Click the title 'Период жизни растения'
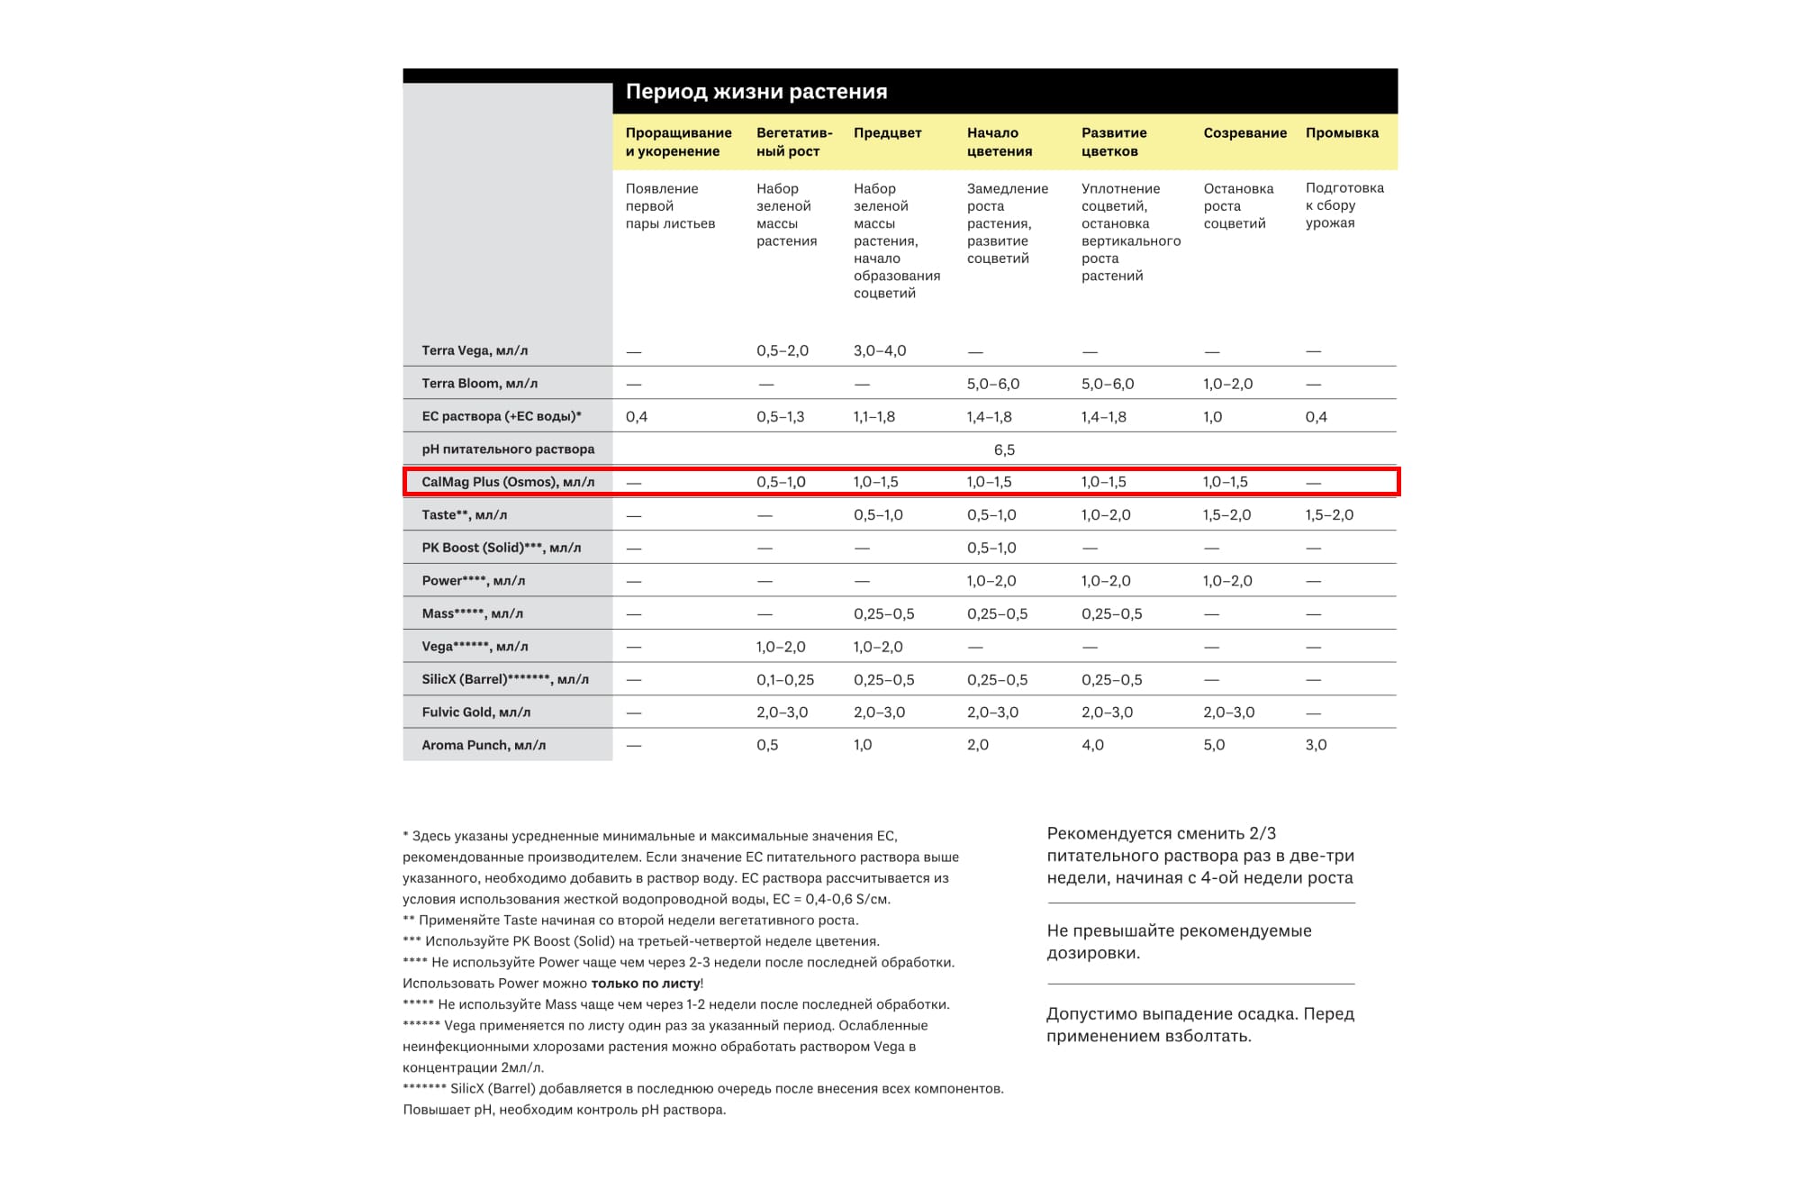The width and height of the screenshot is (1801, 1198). [x=756, y=92]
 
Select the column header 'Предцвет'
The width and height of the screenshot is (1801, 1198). [x=887, y=133]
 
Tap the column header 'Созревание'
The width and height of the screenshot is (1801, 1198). [x=1244, y=133]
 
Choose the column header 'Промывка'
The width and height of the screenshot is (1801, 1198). [x=1342, y=133]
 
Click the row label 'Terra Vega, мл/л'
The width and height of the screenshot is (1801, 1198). [x=475, y=350]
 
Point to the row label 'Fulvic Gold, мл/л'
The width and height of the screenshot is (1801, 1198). [x=475, y=712]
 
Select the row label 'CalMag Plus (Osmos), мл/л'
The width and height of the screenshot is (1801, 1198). [x=508, y=482]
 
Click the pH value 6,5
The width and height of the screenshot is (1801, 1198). [x=1004, y=449]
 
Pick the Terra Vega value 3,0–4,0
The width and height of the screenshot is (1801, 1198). [x=880, y=350]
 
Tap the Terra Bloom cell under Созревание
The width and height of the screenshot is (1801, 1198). [x=1227, y=384]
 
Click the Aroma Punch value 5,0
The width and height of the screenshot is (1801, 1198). [x=1214, y=745]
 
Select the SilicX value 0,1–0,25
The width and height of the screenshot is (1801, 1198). [x=785, y=680]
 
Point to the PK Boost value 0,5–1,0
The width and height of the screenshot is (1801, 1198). [x=991, y=548]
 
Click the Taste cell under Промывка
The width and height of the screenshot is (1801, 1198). [x=1329, y=515]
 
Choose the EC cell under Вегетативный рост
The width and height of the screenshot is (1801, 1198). [x=780, y=417]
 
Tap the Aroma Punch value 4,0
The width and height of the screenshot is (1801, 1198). [x=1092, y=745]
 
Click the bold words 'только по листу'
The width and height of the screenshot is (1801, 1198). [x=646, y=984]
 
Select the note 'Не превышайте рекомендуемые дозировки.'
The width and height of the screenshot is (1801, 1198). [x=1179, y=941]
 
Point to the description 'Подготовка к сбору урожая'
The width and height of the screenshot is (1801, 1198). [x=1344, y=205]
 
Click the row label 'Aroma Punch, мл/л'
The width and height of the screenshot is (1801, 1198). [x=484, y=745]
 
